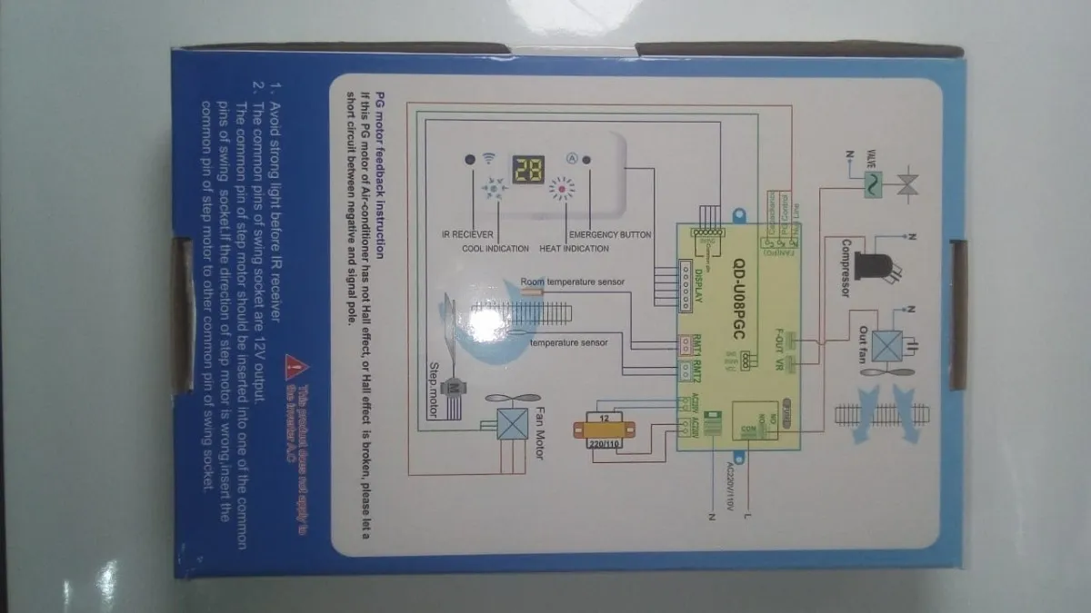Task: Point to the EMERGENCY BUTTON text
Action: pyautogui.click(x=610, y=235)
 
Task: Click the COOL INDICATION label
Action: pyautogui.click(x=495, y=248)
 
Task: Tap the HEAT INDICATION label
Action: pyautogui.click(x=575, y=248)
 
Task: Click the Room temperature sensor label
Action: pyautogui.click(x=574, y=282)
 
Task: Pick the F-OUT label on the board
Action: pyautogui.click(x=778, y=336)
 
